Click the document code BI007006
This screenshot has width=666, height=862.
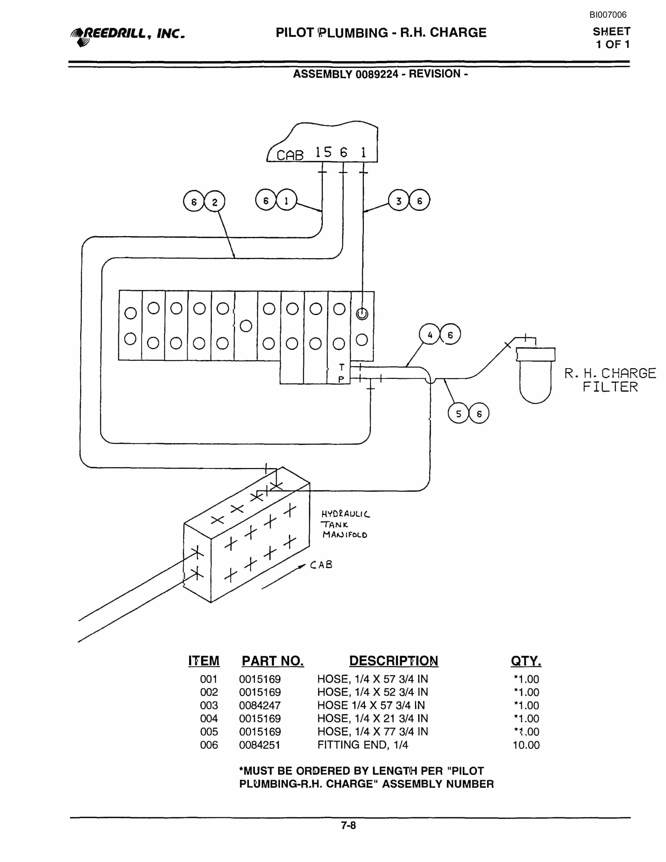(608, 15)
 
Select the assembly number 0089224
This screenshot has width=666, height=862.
(377, 74)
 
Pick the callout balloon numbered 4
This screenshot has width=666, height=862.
(430, 334)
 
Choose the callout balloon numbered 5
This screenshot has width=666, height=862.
(458, 413)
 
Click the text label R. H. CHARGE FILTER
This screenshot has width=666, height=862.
(610, 380)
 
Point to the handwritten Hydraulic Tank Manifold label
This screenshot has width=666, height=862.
(345, 524)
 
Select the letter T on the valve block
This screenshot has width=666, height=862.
(342, 367)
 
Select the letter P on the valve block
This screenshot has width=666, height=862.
(341, 379)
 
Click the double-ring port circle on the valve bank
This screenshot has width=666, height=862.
(362, 314)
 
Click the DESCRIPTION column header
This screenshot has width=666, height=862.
(393, 661)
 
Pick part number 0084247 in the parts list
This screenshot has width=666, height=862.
(260, 705)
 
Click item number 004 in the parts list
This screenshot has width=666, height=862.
(209, 718)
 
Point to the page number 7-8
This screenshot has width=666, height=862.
(349, 825)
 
